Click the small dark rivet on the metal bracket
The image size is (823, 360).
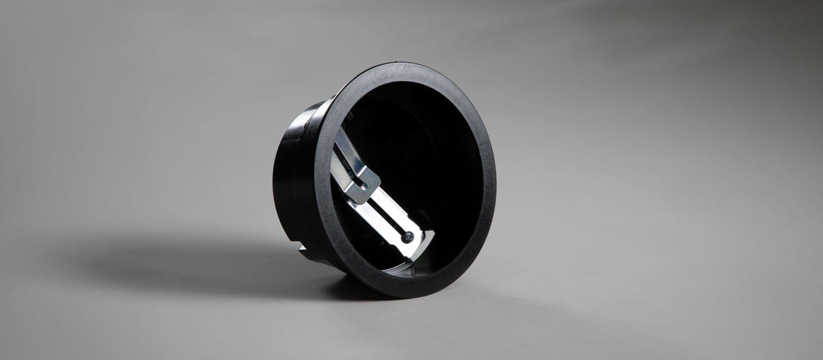(x=406, y=237)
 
